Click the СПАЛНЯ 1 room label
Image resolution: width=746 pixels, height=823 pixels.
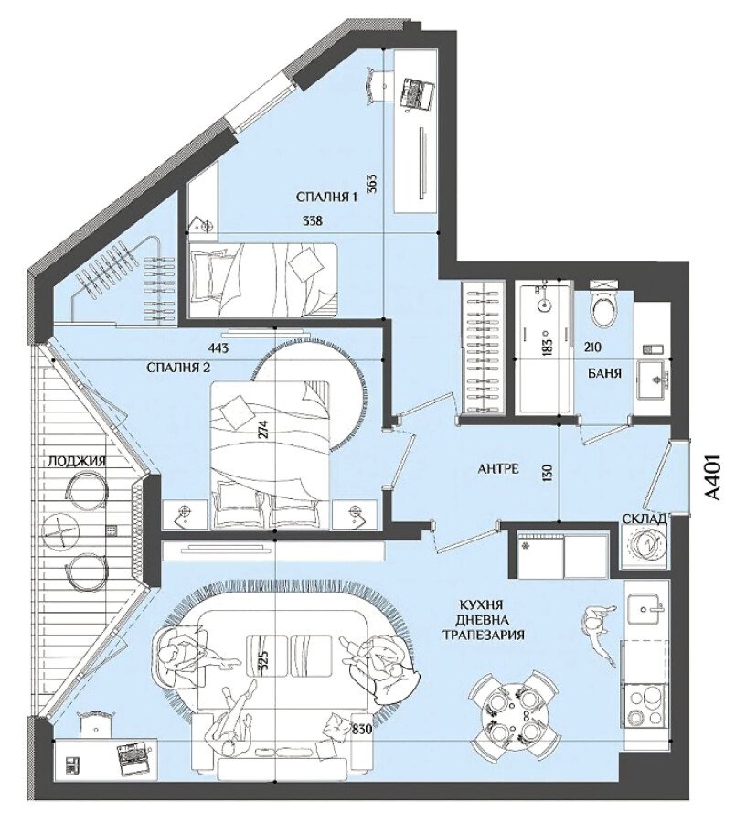326,198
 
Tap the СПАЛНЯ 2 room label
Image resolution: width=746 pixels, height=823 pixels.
178,368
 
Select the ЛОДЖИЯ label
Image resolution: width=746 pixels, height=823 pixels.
77,462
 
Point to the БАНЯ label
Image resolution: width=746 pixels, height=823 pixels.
609,373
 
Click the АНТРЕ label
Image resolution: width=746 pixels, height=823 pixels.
499,468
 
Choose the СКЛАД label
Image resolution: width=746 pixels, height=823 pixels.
645,519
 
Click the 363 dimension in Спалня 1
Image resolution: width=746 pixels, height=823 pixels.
372,184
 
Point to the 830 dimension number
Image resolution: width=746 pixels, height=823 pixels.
362,729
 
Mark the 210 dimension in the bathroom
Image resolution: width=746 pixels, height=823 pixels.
591,347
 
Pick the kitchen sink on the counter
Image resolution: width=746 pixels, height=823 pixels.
647,609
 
